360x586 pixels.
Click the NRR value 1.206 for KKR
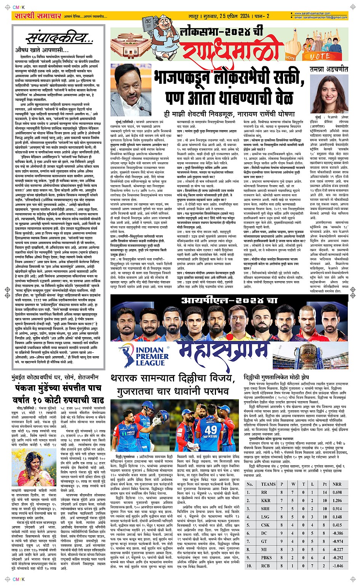(337, 500)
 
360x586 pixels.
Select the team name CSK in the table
(266, 525)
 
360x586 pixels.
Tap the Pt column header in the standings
(324, 484)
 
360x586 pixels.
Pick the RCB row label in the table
(266, 566)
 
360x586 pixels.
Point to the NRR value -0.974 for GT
(337, 541)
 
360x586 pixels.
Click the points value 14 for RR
(324, 492)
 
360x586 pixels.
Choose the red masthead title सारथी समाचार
(37, 16)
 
